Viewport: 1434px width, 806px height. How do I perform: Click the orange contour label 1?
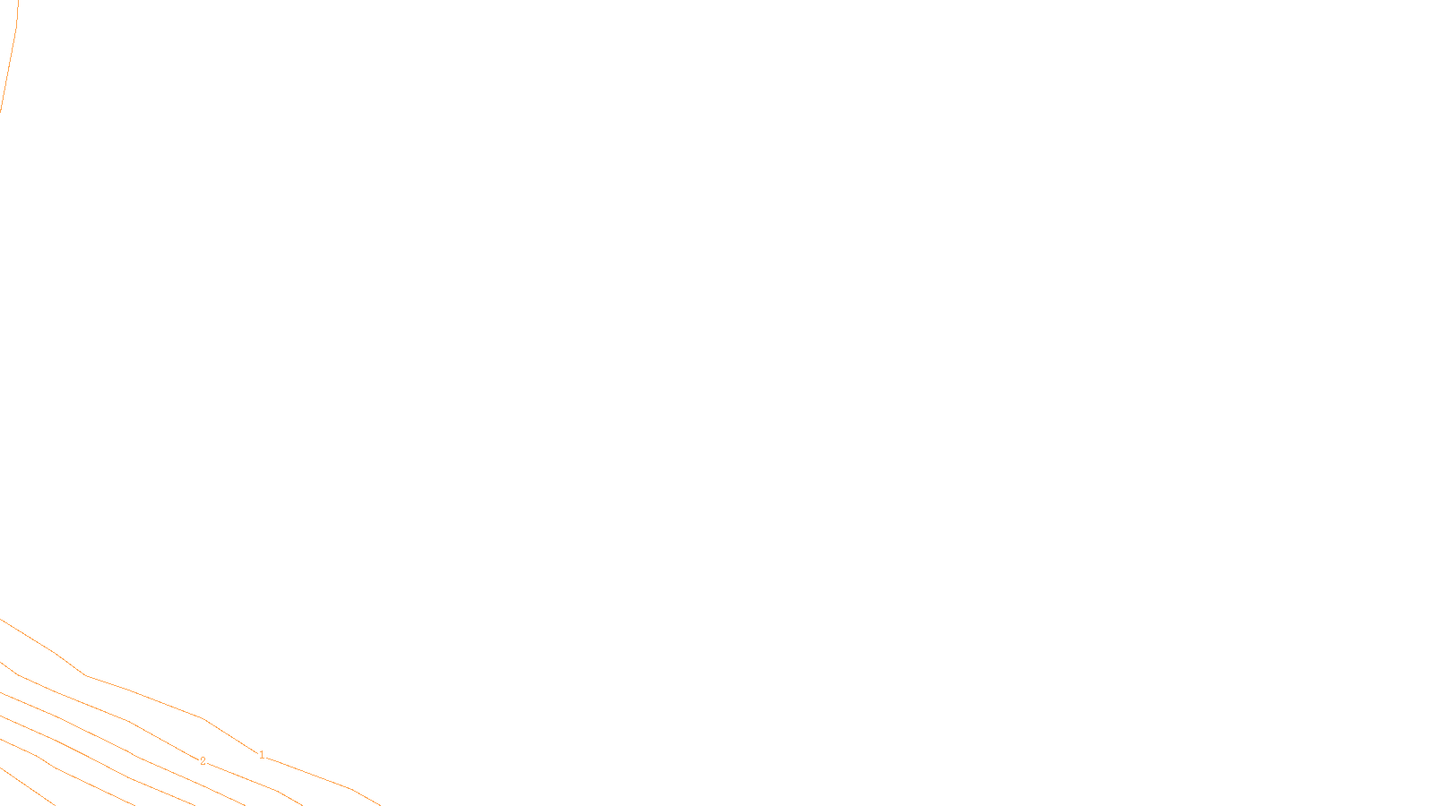tap(262, 755)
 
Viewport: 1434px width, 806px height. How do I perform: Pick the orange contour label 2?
tap(203, 761)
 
